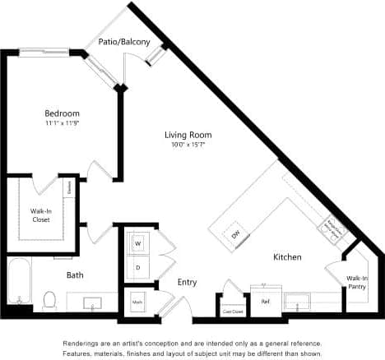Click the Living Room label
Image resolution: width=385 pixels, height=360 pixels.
pos(188,135)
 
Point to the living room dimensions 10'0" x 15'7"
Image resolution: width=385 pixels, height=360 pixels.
pos(188,145)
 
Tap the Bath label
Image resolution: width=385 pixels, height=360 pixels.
pos(75,275)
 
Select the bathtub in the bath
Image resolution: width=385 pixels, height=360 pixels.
pos(19,280)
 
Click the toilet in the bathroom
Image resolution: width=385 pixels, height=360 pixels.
pos(49,299)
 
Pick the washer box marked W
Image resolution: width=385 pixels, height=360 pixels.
pos(137,243)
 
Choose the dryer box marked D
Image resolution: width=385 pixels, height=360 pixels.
pos(137,267)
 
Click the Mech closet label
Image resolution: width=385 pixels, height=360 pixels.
pos(136,301)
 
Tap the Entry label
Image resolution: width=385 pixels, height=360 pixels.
pos(188,283)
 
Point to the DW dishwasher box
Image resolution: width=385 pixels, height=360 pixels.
pos(236,234)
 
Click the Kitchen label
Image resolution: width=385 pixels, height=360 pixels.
pos(287,257)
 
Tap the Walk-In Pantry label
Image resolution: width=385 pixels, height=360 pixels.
pos(357,283)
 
